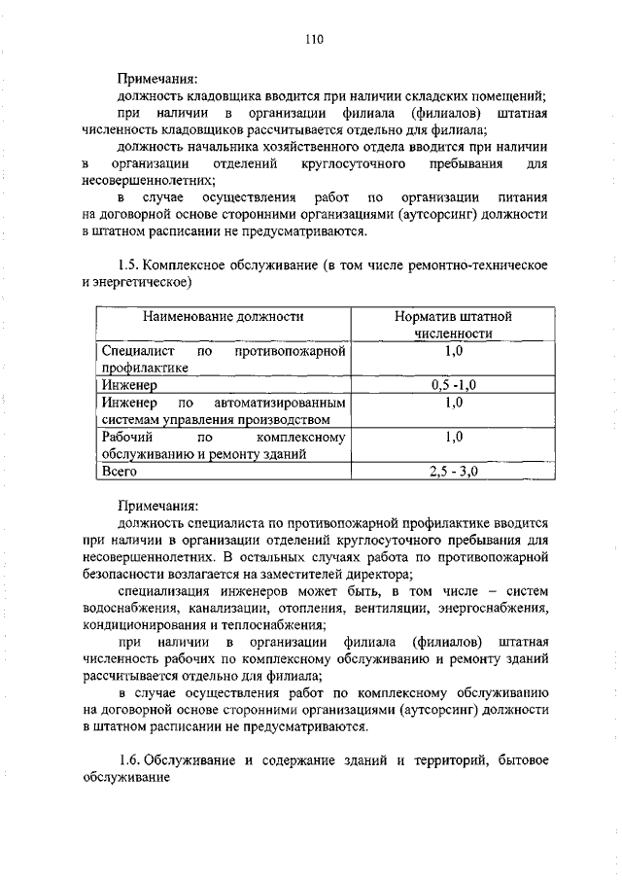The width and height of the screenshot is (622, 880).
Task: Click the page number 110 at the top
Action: tap(311, 40)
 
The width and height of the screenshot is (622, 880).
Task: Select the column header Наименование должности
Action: tap(224, 316)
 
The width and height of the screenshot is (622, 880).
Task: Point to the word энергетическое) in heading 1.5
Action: tap(145, 283)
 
